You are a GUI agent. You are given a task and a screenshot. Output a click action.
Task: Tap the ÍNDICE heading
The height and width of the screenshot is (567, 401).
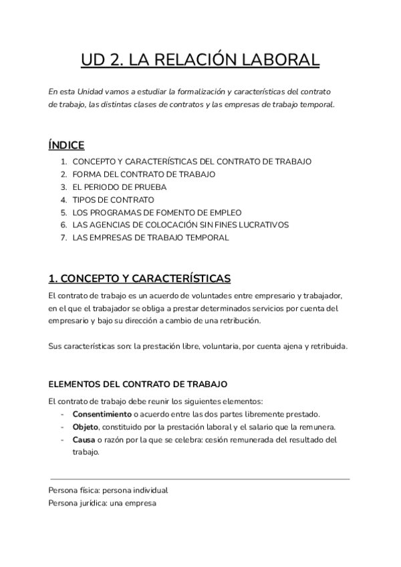67,144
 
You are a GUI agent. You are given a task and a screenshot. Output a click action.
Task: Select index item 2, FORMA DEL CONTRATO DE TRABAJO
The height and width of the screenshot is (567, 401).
144,174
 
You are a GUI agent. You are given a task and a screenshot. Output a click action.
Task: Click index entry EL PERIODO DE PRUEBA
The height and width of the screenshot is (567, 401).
119,187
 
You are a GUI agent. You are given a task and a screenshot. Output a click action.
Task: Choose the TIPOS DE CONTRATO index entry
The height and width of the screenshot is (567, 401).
113,199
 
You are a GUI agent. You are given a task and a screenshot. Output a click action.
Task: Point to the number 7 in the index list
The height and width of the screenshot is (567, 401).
63,237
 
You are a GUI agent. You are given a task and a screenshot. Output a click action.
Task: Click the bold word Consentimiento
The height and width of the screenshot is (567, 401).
102,415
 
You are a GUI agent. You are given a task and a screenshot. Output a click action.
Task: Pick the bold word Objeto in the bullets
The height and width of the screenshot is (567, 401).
86,427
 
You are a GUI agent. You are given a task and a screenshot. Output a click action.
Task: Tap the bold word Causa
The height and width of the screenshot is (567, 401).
84,440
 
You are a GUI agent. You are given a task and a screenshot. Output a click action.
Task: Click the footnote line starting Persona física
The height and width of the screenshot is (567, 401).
108,490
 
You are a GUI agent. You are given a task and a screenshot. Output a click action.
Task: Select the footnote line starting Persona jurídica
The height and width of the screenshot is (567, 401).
102,503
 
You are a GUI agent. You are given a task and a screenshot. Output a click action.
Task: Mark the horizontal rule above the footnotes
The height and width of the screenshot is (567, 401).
199,479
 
